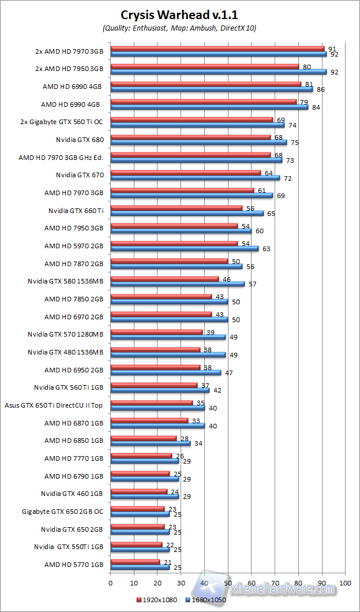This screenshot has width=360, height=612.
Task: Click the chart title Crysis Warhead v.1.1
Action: [179, 15]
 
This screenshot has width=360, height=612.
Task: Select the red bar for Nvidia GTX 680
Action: [190, 137]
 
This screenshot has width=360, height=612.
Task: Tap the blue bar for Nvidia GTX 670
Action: [195, 178]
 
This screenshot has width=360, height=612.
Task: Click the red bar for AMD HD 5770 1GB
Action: [135, 561]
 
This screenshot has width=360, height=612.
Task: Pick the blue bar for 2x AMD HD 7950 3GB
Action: [219, 72]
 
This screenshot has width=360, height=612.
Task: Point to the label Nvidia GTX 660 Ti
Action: [76, 210]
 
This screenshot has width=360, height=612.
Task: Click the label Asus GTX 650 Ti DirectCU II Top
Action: [54, 405]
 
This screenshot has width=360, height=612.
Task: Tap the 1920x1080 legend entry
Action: [156, 600]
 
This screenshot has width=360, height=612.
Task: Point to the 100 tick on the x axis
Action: [345, 583]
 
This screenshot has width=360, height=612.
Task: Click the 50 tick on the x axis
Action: [228, 583]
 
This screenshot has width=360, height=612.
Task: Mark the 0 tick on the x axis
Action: [110, 583]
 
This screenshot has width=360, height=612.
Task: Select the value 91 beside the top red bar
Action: [332, 49]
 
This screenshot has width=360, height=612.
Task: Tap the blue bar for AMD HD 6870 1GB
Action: [157, 426]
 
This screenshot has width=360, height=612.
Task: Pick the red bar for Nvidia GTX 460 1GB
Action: [138, 491]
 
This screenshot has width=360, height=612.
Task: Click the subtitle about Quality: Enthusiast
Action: [179, 28]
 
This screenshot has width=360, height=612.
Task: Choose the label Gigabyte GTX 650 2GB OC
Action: [62, 512]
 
